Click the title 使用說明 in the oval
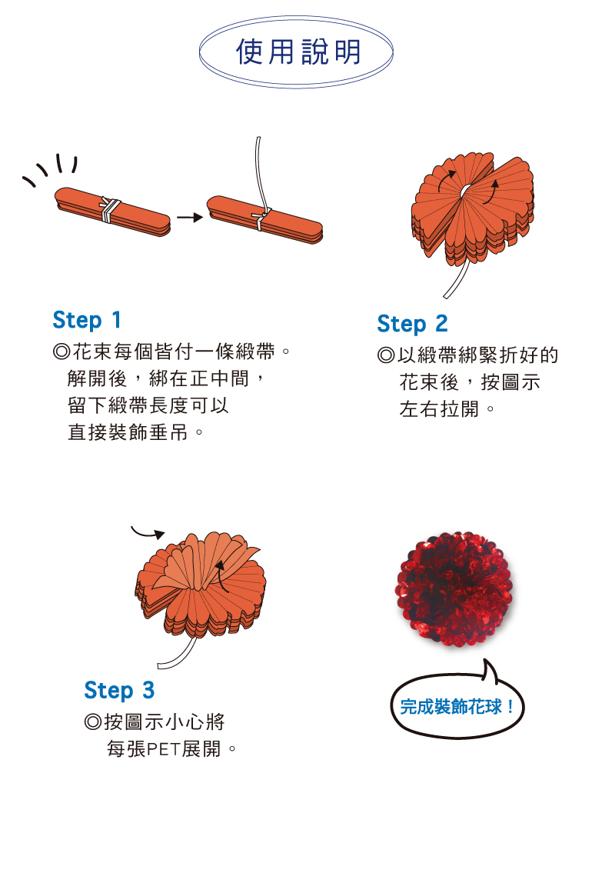coord(298,52)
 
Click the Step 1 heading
coord(87,320)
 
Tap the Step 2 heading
coord(412,324)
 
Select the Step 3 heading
coord(119,690)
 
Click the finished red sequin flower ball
coord(454,589)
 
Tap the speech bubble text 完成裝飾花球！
coord(457,707)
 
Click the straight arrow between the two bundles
coord(190,217)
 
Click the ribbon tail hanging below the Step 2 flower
coord(457,280)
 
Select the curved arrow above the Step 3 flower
coord(148,533)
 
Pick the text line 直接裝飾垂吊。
coord(135,432)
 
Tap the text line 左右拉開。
coord(447,409)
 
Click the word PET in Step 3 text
coord(164,749)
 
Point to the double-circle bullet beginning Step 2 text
coord(386,355)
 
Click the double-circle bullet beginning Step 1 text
coord(62,352)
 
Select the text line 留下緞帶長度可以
coord(148,405)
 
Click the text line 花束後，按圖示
coord(470,382)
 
